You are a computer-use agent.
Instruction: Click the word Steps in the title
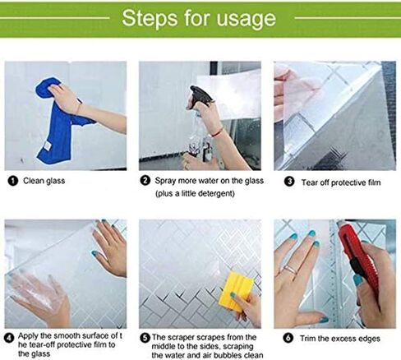(x=150, y=18)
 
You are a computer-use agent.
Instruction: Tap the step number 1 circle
(x=13, y=181)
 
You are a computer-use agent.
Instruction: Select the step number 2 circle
(x=145, y=181)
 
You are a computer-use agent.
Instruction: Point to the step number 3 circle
(x=289, y=182)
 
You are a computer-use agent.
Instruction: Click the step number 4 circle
(x=10, y=338)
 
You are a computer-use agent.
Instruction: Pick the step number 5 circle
(x=145, y=338)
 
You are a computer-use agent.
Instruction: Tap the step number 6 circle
(x=288, y=339)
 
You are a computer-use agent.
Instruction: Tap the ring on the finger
(x=290, y=270)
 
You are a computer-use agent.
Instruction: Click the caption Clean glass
(x=44, y=181)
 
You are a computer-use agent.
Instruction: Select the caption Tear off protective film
(x=341, y=182)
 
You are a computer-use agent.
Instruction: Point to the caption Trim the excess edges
(x=340, y=339)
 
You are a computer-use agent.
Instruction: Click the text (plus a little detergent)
(x=195, y=193)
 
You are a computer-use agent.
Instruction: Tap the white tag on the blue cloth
(x=48, y=145)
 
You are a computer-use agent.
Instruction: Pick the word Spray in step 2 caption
(x=165, y=181)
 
